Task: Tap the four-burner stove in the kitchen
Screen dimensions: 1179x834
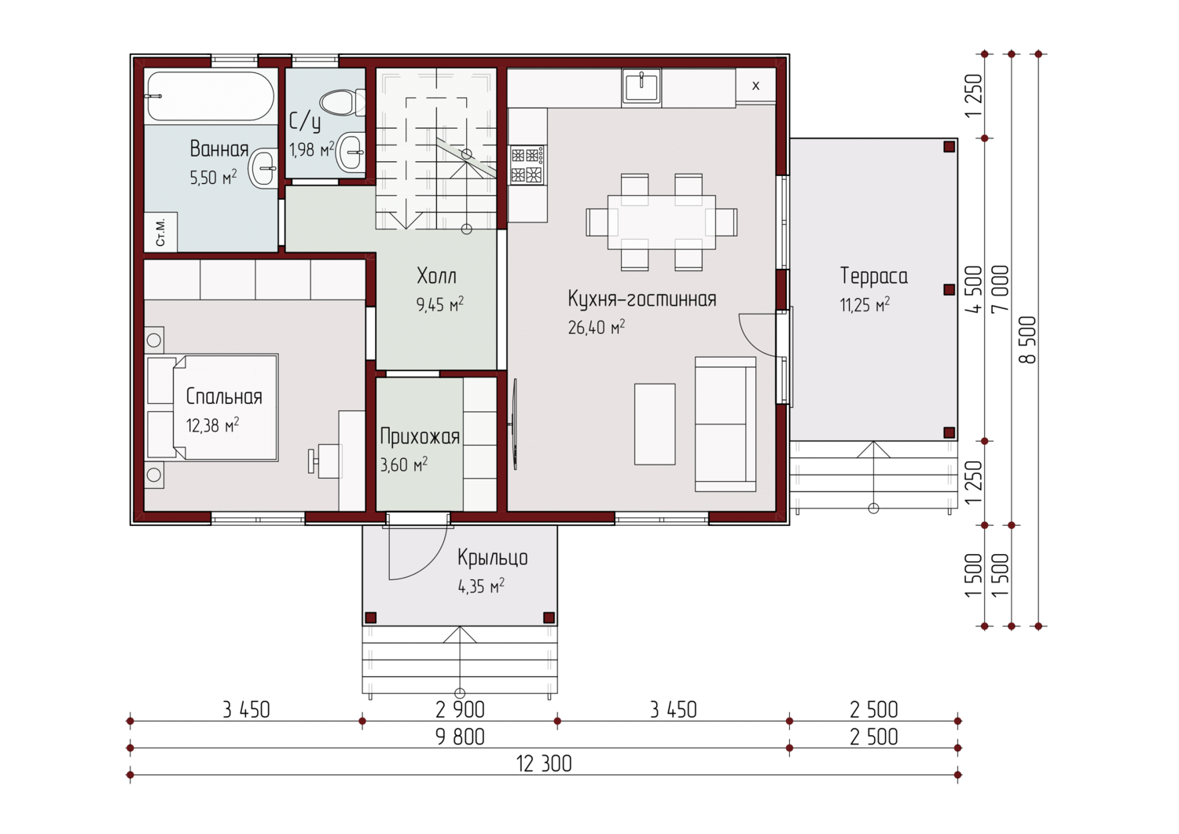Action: [x=527, y=165]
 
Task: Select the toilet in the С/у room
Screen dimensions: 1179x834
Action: [x=343, y=103]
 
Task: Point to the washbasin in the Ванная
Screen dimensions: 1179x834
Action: [x=263, y=168]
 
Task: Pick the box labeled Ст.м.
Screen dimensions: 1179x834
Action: [x=160, y=232]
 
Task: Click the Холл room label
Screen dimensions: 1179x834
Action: [x=436, y=276]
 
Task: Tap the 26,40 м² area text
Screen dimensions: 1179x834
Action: [x=597, y=327]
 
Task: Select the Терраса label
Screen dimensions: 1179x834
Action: [x=874, y=276]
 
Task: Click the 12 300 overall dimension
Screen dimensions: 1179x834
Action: [x=544, y=764]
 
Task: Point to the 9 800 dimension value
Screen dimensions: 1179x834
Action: [x=460, y=737]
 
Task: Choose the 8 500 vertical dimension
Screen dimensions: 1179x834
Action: [x=1027, y=340]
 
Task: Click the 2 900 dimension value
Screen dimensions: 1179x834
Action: [x=460, y=711]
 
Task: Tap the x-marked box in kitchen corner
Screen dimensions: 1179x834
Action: [x=756, y=86]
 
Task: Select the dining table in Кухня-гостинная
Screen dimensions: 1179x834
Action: [x=662, y=222]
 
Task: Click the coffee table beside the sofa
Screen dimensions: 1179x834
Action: [x=655, y=424]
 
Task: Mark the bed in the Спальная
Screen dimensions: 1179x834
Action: [x=226, y=407]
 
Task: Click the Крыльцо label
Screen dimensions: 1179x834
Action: [x=492, y=557]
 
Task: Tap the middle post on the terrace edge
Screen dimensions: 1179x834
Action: [x=949, y=289]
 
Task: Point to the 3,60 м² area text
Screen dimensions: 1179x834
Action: [x=404, y=465]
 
